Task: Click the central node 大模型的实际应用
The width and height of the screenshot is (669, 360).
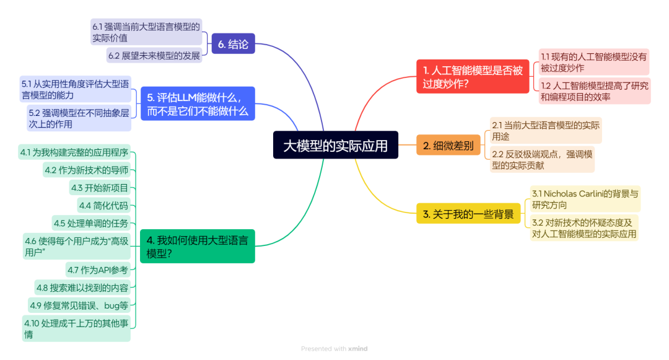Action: pos(335,145)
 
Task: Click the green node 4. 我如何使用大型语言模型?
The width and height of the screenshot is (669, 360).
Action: pos(197,246)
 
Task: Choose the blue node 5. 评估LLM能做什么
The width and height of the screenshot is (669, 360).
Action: pos(197,103)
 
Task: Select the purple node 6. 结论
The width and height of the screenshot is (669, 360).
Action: pos(233,44)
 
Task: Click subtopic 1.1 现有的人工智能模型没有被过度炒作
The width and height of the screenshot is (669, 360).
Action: pos(594,62)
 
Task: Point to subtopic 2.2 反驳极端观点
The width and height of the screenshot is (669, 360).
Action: pos(542,160)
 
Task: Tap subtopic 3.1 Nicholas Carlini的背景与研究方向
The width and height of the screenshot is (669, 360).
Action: pos(585,199)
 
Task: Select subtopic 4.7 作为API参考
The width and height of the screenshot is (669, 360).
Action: pos(99,270)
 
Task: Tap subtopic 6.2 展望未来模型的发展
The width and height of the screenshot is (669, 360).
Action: pos(154,56)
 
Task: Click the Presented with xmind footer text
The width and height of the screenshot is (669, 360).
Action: pos(334,349)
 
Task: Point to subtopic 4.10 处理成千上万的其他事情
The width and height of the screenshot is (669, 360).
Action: pos(76,328)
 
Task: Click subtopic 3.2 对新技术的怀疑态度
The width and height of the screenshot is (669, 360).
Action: pos(584,227)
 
